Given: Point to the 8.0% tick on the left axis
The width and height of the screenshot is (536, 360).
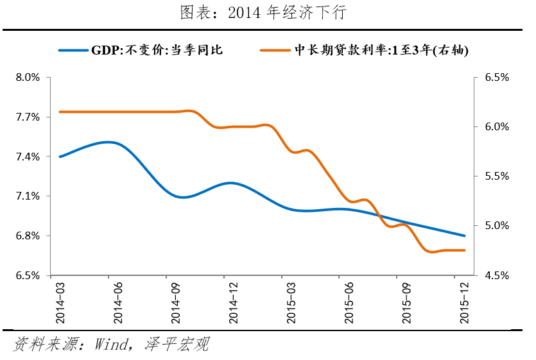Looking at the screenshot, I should point(28,78).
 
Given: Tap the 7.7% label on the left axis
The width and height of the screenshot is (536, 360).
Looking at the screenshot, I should point(28,117).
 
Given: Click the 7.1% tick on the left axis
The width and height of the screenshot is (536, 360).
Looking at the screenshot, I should point(28,196).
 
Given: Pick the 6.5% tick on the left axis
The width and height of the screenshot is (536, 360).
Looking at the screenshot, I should point(28,276).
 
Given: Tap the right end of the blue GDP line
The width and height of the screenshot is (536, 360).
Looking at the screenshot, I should point(464,236).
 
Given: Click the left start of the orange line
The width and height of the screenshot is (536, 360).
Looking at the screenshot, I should point(60,112).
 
